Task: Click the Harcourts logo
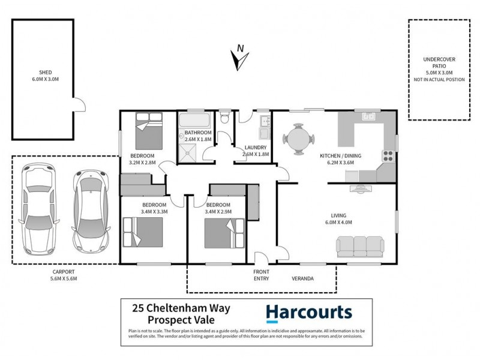[x=308, y=313]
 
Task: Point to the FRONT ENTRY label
[x=261, y=275]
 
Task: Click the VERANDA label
[x=304, y=278]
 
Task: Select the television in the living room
[x=361, y=188]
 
